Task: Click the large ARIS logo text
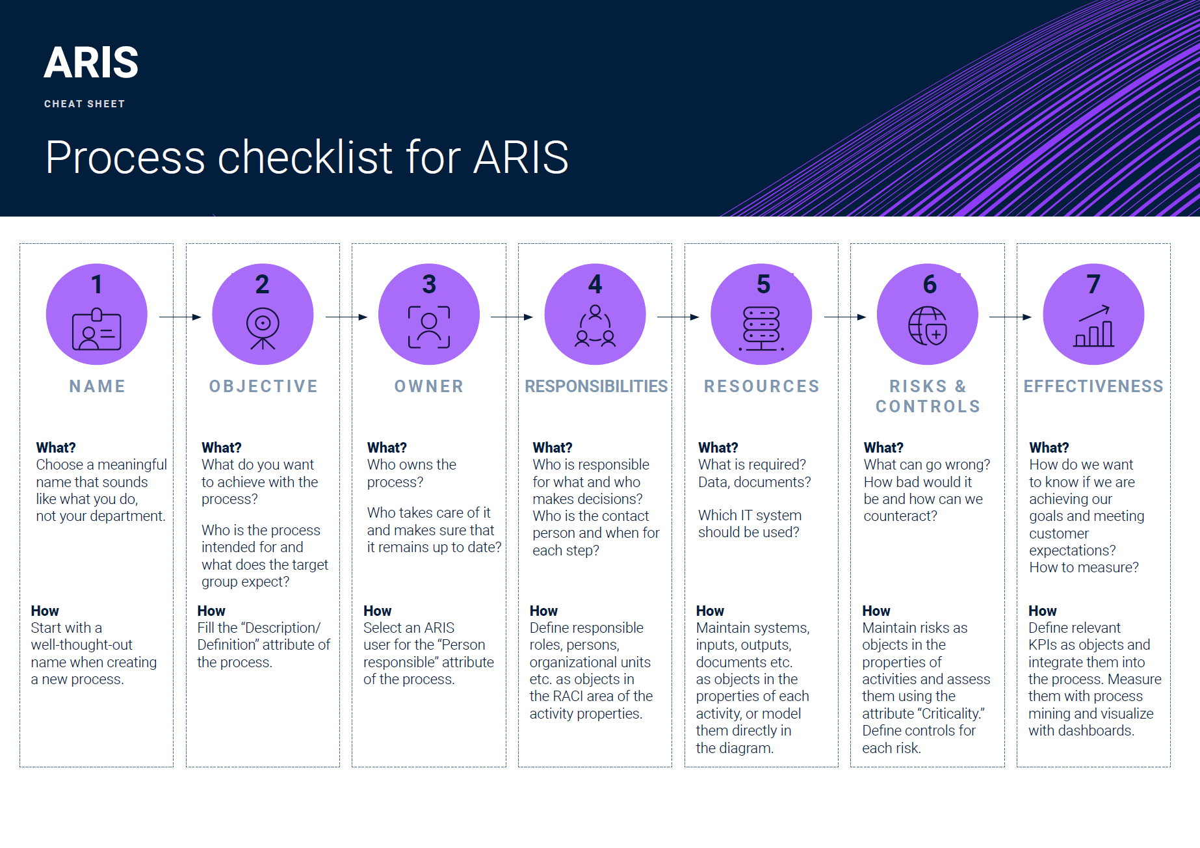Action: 91,63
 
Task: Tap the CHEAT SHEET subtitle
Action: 85,104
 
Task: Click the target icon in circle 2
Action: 263,328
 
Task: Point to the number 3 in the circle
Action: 429,284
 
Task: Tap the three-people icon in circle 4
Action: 595,326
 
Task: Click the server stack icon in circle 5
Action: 761,328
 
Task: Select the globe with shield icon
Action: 928,326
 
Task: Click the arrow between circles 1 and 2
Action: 180,317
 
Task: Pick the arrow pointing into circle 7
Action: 1010,317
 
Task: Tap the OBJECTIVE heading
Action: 263,386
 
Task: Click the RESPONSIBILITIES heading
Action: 596,386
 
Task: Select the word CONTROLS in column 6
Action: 928,406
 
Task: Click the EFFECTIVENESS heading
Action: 1093,386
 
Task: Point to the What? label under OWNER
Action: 387,447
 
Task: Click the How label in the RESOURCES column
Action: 710,611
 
